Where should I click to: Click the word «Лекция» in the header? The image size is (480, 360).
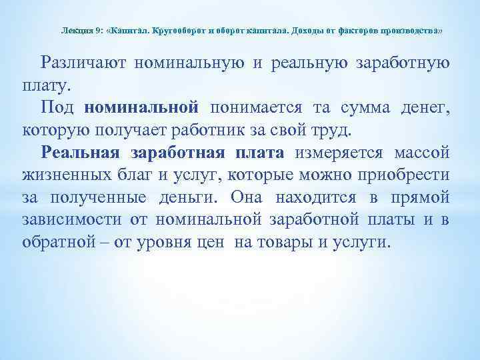pos(75,31)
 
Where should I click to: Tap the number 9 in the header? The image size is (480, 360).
pos(98,31)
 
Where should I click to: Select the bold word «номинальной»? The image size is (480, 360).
pos(142,107)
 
